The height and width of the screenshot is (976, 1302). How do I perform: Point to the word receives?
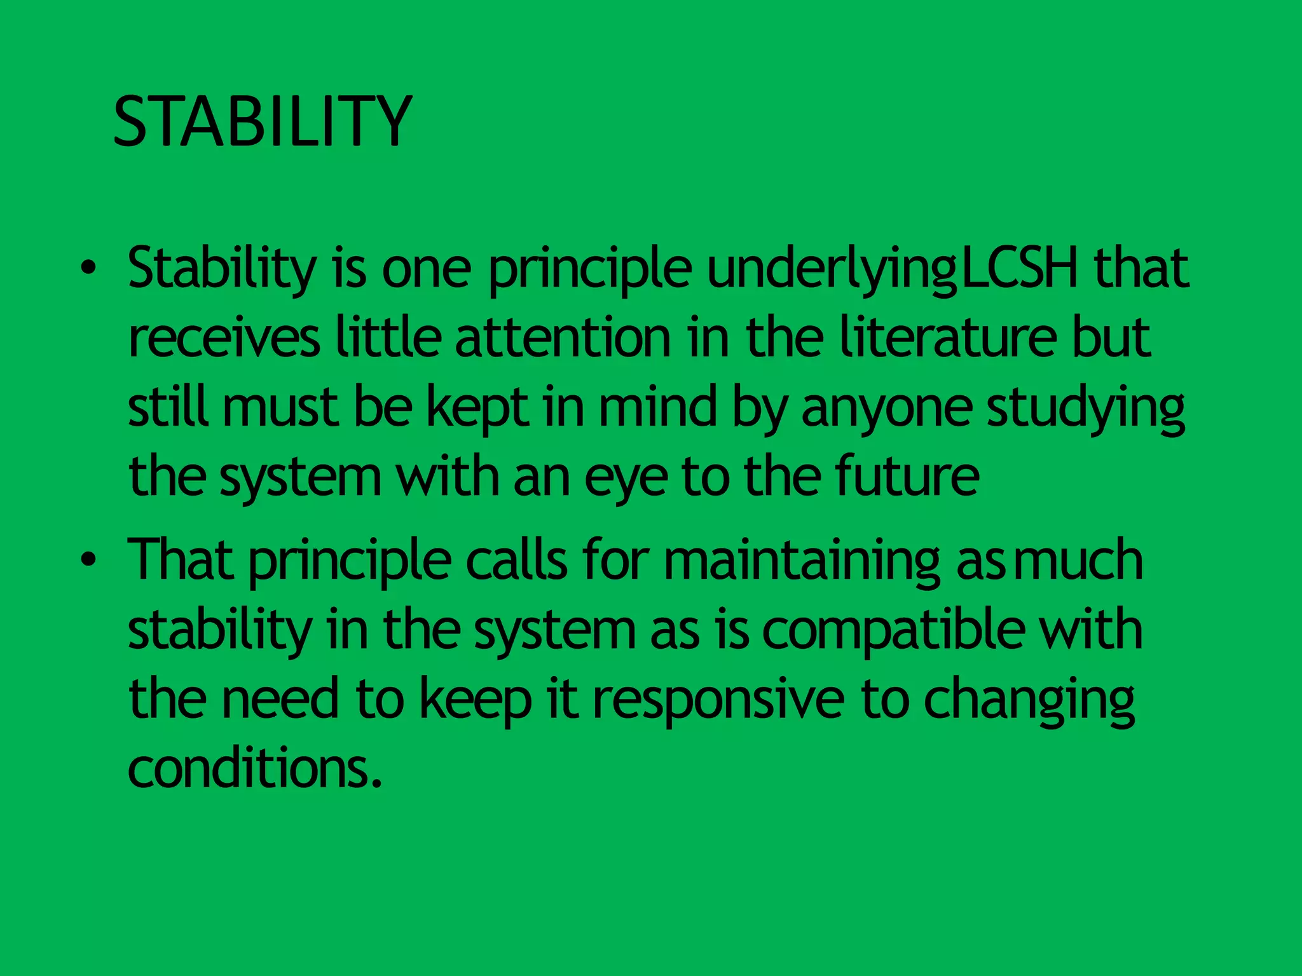pos(224,338)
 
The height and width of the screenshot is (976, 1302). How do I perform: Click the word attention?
pos(563,338)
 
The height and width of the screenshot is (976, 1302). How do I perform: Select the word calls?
pos(516,559)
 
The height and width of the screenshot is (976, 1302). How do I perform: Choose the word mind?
pos(658,407)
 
